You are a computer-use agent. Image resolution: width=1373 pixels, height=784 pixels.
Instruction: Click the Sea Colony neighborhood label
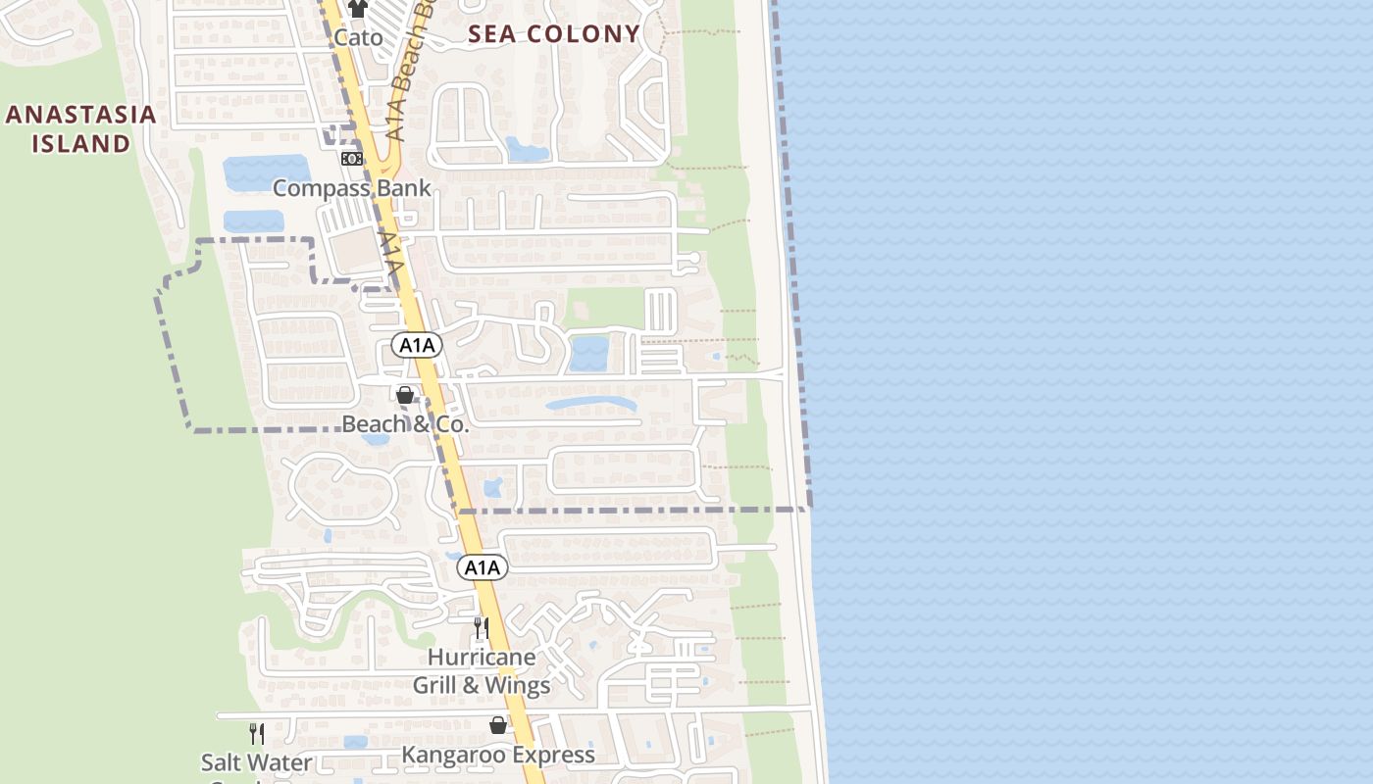[554, 34]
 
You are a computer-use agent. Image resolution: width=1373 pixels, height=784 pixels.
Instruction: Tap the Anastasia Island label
[80, 128]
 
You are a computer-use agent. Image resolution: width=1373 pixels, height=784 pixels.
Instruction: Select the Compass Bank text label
[351, 188]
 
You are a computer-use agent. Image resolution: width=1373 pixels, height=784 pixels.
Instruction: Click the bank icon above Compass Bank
[351, 159]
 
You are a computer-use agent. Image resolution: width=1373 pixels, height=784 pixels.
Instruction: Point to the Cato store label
[358, 38]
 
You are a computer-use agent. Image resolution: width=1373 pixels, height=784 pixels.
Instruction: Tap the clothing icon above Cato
[358, 9]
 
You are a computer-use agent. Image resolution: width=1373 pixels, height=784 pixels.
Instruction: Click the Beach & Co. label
[405, 424]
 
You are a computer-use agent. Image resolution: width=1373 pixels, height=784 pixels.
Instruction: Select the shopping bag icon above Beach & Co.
[404, 395]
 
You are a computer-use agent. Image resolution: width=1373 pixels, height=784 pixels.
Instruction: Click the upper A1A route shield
[417, 345]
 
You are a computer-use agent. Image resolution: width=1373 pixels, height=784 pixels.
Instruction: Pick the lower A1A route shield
[483, 567]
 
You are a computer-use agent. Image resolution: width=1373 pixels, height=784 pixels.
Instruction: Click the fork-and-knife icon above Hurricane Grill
[482, 627]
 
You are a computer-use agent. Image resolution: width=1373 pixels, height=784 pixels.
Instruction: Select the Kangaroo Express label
[498, 755]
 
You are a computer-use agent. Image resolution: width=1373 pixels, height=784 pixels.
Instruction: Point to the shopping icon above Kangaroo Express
[498, 725]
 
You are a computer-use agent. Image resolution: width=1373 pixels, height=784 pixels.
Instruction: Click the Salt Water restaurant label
[256, 762]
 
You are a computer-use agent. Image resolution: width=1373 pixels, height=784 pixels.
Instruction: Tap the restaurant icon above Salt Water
[256, 733]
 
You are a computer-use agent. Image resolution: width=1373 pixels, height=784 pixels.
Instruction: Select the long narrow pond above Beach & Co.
[590, 404]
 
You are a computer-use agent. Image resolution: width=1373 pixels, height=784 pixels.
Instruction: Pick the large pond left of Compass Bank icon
[267, 173]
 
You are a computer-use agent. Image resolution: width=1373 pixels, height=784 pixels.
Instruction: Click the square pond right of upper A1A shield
[588, 353]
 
